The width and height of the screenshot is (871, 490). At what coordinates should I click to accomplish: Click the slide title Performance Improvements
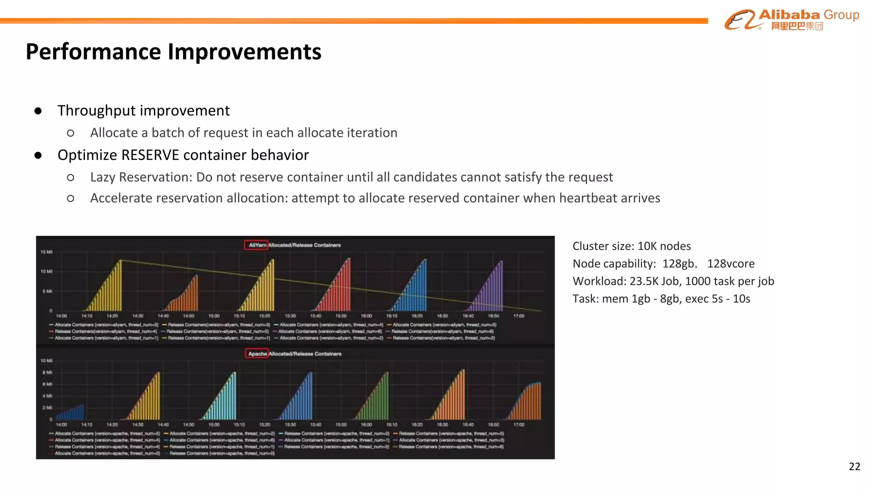[174, 52]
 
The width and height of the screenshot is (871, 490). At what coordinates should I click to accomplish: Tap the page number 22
[854, 466]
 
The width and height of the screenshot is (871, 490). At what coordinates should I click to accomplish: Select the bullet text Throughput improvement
[143, 111]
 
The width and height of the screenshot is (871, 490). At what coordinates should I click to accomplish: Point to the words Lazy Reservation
[140, 177]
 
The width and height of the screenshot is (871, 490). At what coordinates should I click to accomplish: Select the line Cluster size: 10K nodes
[631, 246]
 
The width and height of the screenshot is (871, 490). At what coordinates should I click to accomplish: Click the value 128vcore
[731, 264]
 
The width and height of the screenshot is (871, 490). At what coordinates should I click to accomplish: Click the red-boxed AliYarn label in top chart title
[256, 245]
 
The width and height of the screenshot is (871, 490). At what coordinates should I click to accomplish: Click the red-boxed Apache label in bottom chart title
[257, 353]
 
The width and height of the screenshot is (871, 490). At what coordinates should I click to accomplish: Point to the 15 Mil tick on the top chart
[46, 252]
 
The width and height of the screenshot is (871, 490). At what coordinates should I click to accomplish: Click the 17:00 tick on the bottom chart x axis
[518, 424]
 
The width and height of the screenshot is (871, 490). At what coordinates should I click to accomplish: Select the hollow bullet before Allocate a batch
[71, 133]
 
